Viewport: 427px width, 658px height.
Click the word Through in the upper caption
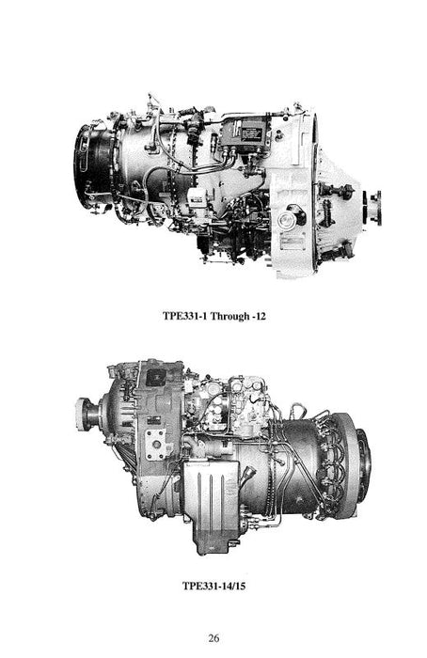(x=229, y=316)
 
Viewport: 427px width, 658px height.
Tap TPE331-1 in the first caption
(x=184, y=316)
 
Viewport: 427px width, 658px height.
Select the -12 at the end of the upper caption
(x=259, y=316)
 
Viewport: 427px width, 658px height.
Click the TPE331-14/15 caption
(x=213, y=586)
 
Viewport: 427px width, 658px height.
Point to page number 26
(x=213, y=638)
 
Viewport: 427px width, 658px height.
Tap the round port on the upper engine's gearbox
(x=287, y=219)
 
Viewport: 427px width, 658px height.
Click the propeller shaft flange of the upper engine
(x=374, y=208)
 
